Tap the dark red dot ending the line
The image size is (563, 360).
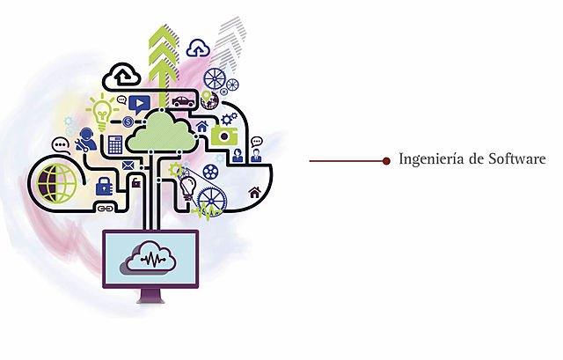pos(386,160)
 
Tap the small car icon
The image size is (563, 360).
pos(183,102)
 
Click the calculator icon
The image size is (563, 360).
pos(115,143)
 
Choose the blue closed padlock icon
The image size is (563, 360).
pos(104,185)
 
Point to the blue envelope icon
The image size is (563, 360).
pos(128,165)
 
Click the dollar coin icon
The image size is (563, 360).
pos(128,121)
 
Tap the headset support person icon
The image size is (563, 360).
pos(88,139)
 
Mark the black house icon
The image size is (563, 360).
pos(255,193)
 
